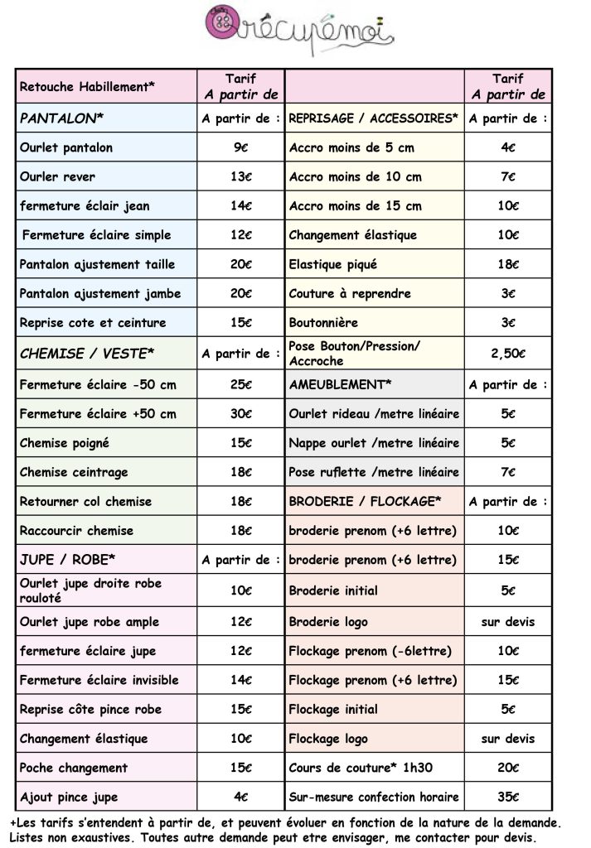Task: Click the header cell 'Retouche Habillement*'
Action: click(x=87, y=86)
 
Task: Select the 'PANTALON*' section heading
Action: click(x=61, y=118)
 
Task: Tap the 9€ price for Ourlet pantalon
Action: click(x=240, y=147)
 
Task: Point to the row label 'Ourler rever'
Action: click(x=57, y=176)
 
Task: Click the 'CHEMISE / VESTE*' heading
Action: click(x=87, y=354)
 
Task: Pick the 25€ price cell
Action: click(x=240, y=384)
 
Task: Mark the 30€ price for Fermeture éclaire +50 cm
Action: click(x=240, y=413)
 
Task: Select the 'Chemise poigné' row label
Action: click(x=65, y=443)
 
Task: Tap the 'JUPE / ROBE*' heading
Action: click(x=67, y=559)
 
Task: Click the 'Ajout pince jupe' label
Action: click(x=69, y=797)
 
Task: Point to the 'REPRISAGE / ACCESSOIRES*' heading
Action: click(x=373, y=118)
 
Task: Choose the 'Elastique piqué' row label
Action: click(x=333, y=264)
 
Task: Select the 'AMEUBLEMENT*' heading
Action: click(x=340, y=384)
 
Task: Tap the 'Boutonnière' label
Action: click(x=323, y=322)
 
